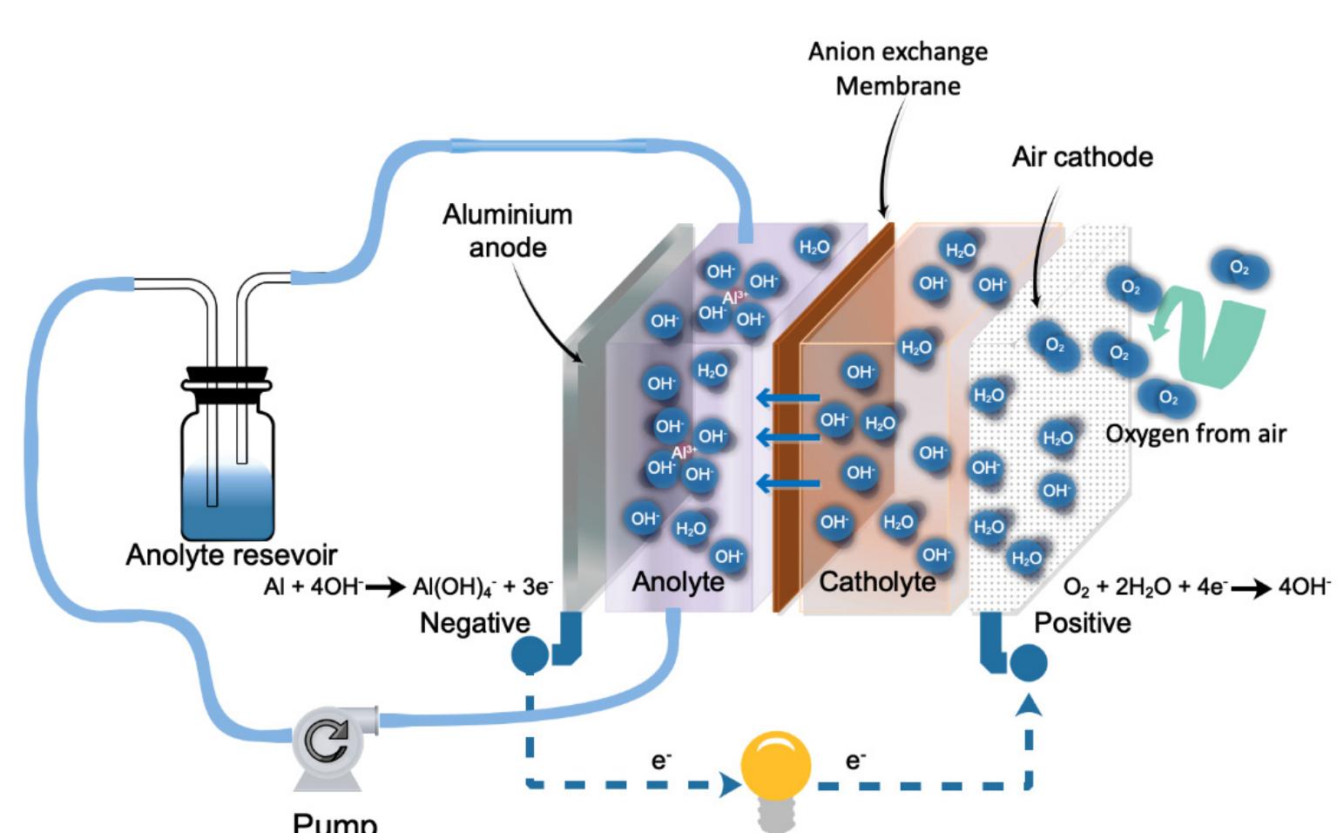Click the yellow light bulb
(x=775, y=767)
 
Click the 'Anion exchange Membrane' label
(x=898, y=69)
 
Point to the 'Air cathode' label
(x=1082, y=157)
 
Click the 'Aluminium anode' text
(x=507, y=231)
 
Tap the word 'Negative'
(x=475, y=623)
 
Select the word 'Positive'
(x=1082, y=623)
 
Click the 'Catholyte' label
(x=877, y=582)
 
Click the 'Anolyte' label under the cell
(x=678, y=582)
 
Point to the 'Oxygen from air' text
(x=1195, y=433)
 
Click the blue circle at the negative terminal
(x=530, y=655)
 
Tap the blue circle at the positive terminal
(x=1028, y=662)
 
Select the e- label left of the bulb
(x=661, y=761)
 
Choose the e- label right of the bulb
(x=855, y=761)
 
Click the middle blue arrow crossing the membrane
(x=787, y=436)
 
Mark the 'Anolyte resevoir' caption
(x=231, y=555)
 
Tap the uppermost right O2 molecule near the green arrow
(x=1239, y=268)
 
